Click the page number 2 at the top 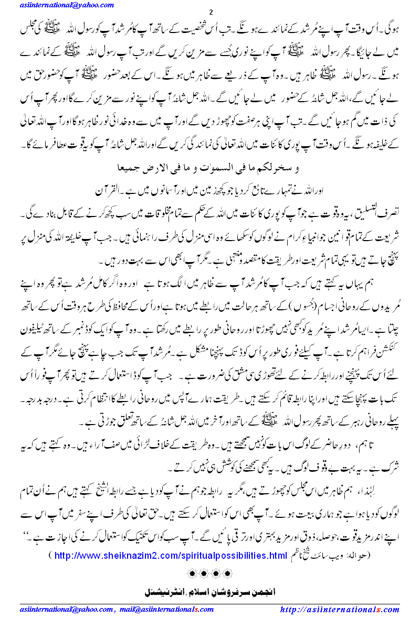[x=211, y=12]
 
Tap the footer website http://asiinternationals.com [x=339, y=609]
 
